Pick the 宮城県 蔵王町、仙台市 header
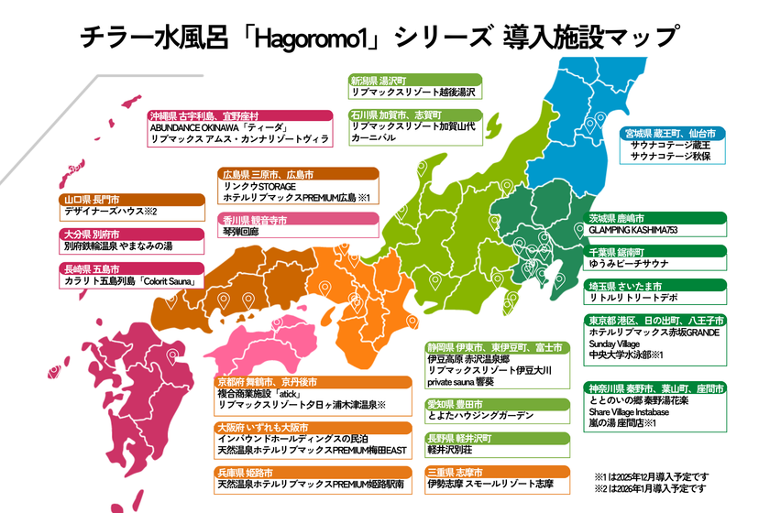[675, 133]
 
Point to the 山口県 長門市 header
[93, 199]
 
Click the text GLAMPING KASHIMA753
[641, 232]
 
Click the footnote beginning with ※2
[651, 489]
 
